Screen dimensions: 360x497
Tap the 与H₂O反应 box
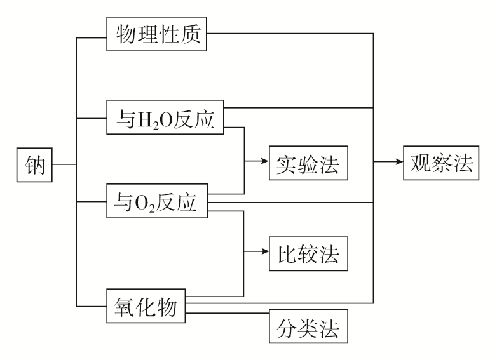tap(166, 117)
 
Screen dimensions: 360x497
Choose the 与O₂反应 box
tap(158, 203)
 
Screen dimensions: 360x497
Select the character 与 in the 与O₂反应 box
tap(123, 203)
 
